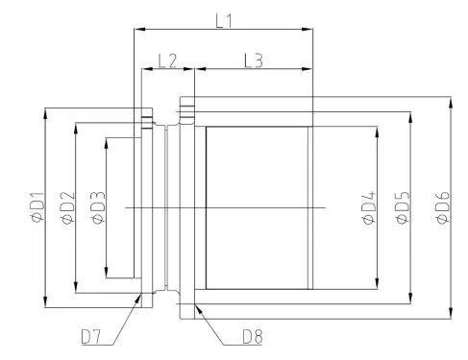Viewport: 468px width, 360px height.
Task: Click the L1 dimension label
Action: (223, 17)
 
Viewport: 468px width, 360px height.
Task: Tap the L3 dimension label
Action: (254, 60)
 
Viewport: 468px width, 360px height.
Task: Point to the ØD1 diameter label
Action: (36, 208)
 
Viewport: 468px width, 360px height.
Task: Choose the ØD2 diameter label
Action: (66, 208)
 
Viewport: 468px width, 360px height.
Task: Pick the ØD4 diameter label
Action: (368, 208)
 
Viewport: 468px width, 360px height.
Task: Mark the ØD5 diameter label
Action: (403, 208)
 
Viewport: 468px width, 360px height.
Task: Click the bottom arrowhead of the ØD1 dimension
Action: (45, 304)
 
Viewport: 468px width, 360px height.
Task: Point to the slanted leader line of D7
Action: (123, 320)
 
